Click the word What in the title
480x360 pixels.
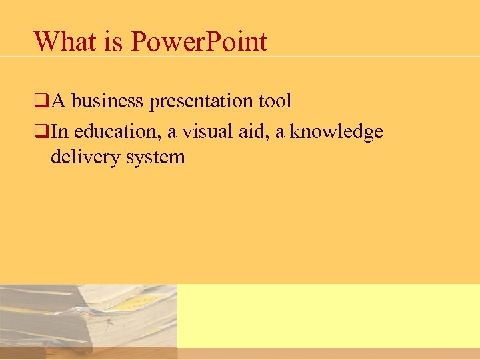[65, 41]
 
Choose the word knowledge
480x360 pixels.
[336, 131]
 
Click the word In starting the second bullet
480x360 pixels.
[59, 131]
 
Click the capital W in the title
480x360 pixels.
[47, 41]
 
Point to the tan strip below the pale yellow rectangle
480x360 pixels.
[328, 353]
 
